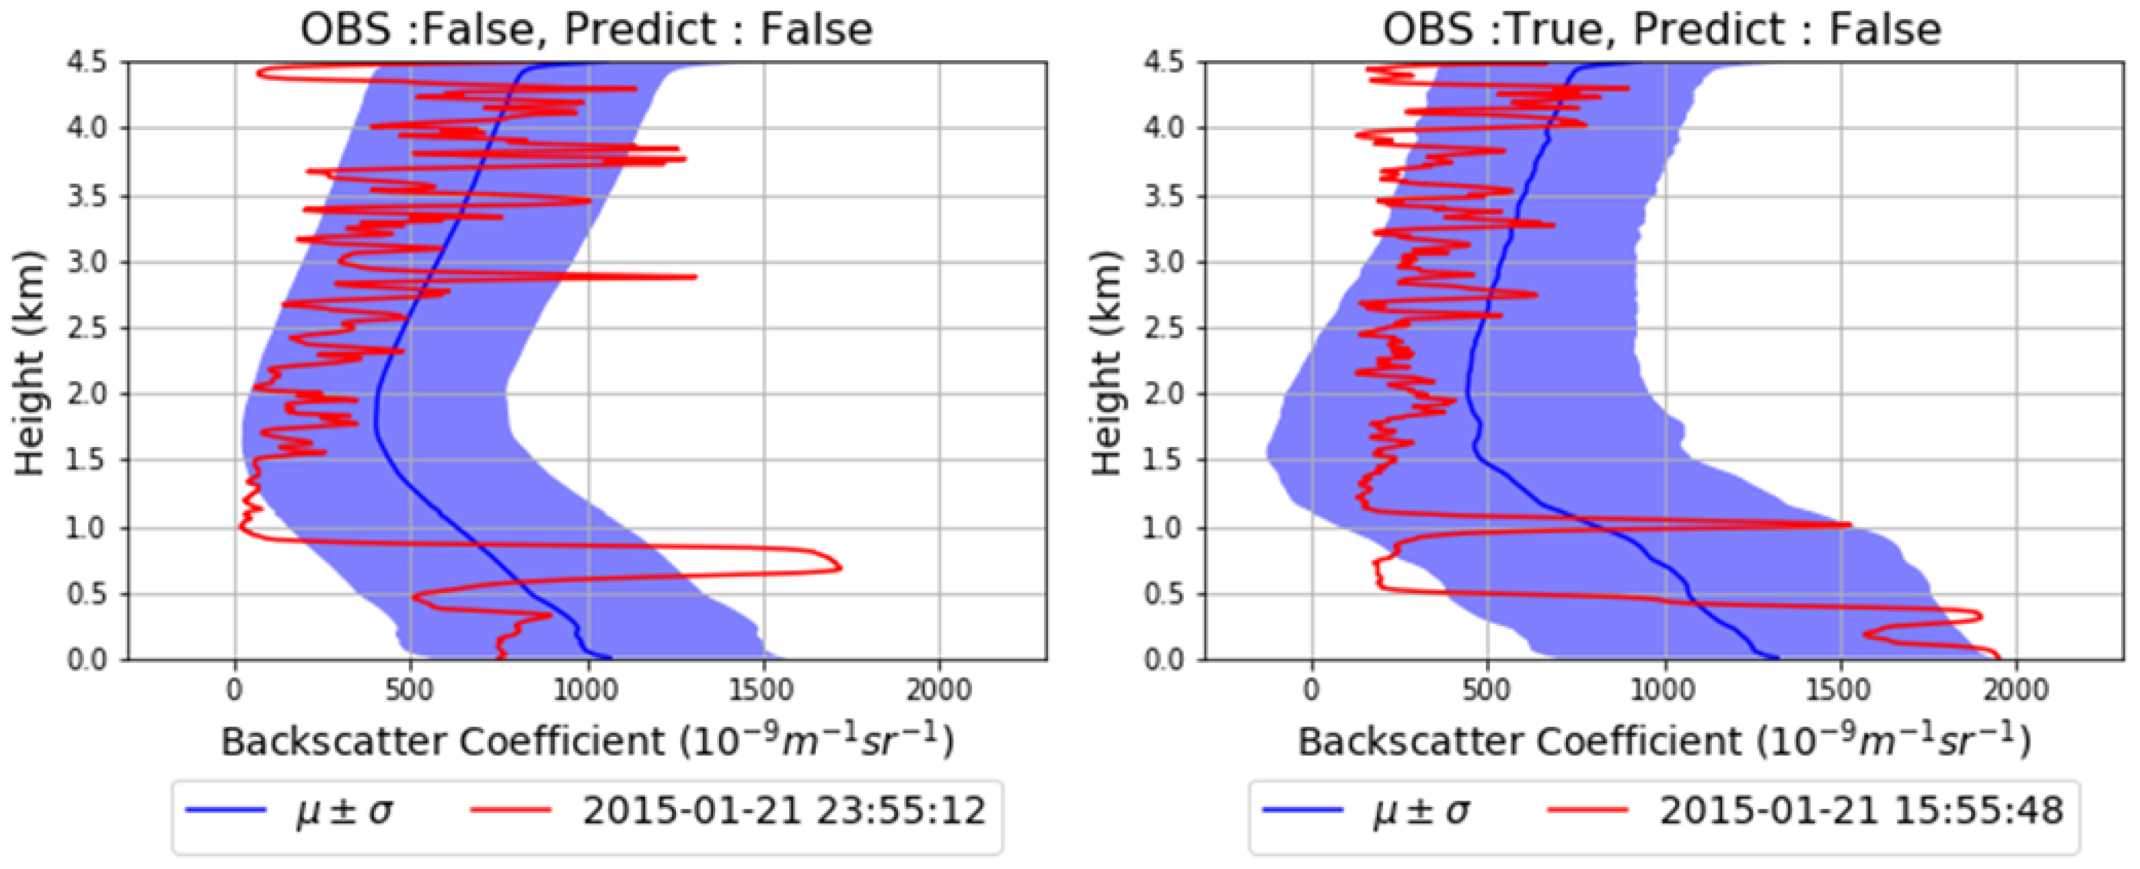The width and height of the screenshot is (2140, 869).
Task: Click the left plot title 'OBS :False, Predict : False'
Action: pyautogui.click(x=587, y=30)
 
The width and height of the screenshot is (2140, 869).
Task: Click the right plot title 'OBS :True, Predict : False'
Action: pyautogui.click(x=1662, y=30)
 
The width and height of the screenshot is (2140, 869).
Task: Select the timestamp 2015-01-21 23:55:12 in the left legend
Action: pyautogui.click(x=784, y=810)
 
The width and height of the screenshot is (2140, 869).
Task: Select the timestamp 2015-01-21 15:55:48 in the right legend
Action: pyautogui.click(x=1861, y=810)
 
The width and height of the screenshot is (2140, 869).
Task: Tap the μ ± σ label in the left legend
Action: pyautogui.click(x=345, y=812)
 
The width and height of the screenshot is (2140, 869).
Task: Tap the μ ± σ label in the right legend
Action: pyautogui.click(x=1421, y=812)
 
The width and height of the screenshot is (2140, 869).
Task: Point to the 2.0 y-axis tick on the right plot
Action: pyautogui.click(x=1165, y=394)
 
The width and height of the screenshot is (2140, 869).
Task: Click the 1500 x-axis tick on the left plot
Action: pyautogui.click(x=764, y=690)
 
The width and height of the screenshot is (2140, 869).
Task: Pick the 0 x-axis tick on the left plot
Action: pyautogui.click(x=235, y=690)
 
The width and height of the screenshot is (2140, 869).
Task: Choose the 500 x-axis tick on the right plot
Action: pyautogui.click(x=1488, y=690)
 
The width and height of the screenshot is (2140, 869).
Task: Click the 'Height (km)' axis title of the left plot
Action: pyautogui.click(x=30, y=362)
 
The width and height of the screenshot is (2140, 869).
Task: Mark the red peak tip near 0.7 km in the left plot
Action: pyautogui.click(x=841, y=569)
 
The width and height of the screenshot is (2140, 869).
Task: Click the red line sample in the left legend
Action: pyautogui.click(x=511, y=810)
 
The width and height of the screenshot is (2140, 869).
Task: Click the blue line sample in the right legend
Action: pyautogui.click(x=1302, y=810)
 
